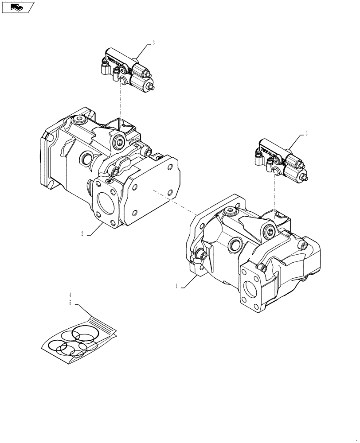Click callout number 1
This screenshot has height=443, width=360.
coord(176,286)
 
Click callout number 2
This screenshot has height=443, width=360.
coord(82,233)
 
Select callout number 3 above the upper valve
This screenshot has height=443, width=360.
coord(153,43)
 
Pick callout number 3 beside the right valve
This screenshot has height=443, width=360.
coord(306,132)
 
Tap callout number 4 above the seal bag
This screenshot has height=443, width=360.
coord(70,295)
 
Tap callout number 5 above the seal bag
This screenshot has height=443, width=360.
coord(70,303)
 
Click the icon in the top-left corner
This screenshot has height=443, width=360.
coord(18,8)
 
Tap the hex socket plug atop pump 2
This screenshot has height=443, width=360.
coord(80,120)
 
